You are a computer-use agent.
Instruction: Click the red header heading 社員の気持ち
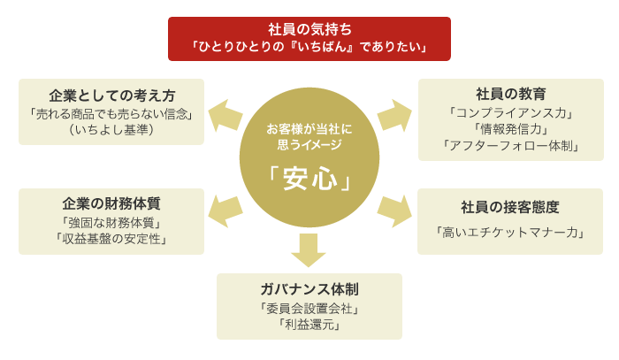309,29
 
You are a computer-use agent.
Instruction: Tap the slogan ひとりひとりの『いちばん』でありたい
309,47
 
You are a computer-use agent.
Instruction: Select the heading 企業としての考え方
111,96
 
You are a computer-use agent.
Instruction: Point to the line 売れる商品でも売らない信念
111,114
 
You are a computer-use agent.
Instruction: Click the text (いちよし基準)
111,129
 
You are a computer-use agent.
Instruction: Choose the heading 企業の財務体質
111,203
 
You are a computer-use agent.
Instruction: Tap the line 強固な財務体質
111,223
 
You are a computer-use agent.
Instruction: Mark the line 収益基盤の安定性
111,239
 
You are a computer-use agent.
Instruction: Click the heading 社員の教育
511,95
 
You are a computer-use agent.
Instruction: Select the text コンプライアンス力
511,113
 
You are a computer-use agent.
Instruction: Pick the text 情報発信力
511,129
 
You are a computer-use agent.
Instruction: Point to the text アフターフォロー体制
511,146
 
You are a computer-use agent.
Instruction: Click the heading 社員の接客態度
510,207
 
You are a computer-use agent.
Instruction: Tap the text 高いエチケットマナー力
510,233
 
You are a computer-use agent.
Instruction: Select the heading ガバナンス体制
309,289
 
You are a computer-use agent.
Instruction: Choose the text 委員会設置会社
309,309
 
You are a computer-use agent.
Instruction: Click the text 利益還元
309,325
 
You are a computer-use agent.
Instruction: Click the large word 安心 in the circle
309,179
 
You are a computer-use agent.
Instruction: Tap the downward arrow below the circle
309,249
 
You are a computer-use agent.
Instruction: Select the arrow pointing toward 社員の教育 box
394,116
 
